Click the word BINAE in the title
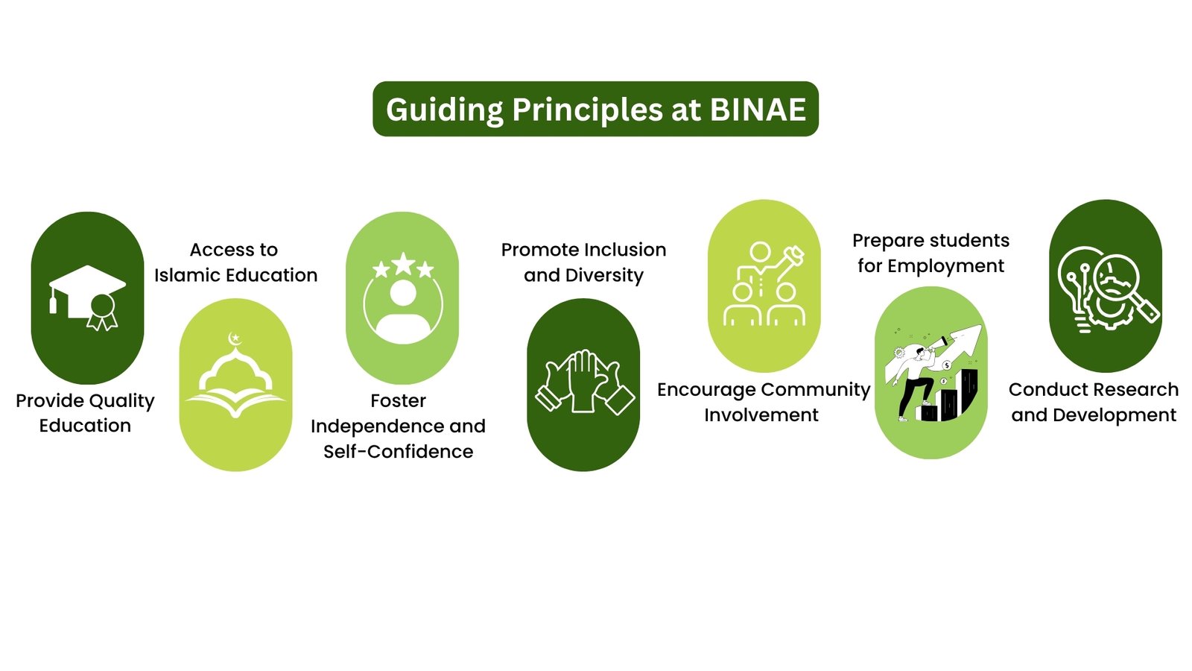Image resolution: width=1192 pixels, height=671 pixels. tap(758, 110)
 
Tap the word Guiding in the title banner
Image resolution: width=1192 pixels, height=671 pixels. tap(444, 111)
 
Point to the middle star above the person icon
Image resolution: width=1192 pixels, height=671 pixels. tap(403, 264)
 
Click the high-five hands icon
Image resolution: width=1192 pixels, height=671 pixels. tap(584, 381)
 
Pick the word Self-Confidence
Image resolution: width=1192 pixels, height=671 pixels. tap(398, 452)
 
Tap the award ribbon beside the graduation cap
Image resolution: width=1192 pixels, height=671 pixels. tap(102, 312)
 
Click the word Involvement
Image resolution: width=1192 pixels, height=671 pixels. tap(761, 415)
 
